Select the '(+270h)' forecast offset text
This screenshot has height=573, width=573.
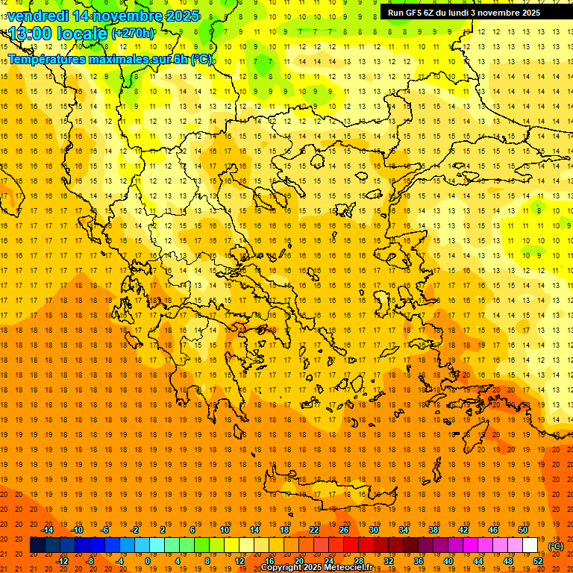point(133,34)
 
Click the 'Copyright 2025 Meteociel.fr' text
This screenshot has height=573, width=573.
point(316,568)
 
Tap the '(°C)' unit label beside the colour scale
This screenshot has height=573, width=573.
point(556,546)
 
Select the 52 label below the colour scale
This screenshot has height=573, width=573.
point(538,561)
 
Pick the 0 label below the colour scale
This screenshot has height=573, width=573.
point(147,561)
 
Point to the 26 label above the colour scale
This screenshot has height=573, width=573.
point(344,530)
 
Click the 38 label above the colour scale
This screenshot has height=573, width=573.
point(433,530)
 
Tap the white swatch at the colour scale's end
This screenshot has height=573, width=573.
point(530,545)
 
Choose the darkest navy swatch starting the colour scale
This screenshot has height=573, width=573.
point(37,545)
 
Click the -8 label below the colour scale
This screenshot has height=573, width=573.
point(91,561)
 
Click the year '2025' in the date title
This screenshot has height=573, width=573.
point(182,16)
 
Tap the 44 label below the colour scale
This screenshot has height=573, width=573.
point(478,561)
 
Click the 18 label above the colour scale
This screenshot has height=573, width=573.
point(284,530)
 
